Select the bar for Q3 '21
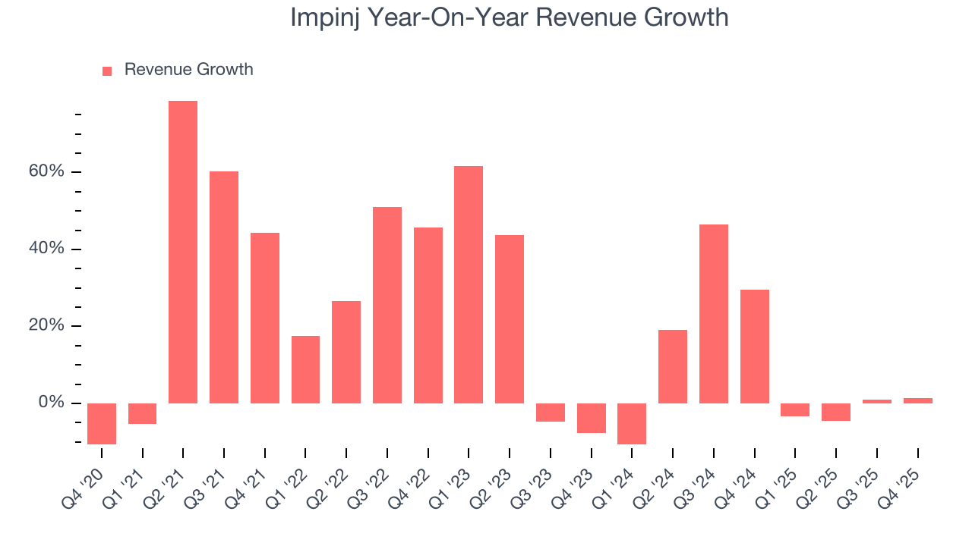tap(224, 287)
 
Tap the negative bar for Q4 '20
tap(102, 423)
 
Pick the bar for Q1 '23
tap(469, 284)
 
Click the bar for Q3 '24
tap(714, 313)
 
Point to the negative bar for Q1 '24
tap(632, 423)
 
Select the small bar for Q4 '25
tap(917, 400)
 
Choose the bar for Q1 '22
tap(305, 369)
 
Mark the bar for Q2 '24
tap(673, 366)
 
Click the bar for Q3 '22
tap(387, 305)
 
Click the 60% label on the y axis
tap(47, 171)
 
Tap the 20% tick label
tap(47, 325)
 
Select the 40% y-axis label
tap(47, 249)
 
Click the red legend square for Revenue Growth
tap(107, 71)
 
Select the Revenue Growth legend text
tap(188, 70)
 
